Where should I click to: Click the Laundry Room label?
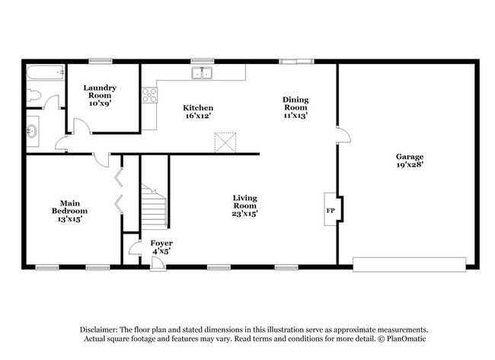click(x=99, y=95)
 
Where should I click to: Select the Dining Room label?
click(x=295, y=107)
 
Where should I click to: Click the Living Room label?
click(x=245, y=205)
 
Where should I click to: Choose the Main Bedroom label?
click(x=69, y=210)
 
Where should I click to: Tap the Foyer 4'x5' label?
click(x=161, y=246)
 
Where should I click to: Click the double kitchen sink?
click(x=202, y=74)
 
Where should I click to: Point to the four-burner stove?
click(x=149, y=95)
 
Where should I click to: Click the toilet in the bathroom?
click(x=33, y=95)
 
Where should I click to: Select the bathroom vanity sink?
click(x=33, y=131)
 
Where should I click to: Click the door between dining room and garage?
click(x=343, y=135)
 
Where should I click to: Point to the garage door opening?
click(x=409, y=264)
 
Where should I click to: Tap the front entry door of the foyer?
click(x=158, y=263)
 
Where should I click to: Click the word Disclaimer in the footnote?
click(x=101, y=330)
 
